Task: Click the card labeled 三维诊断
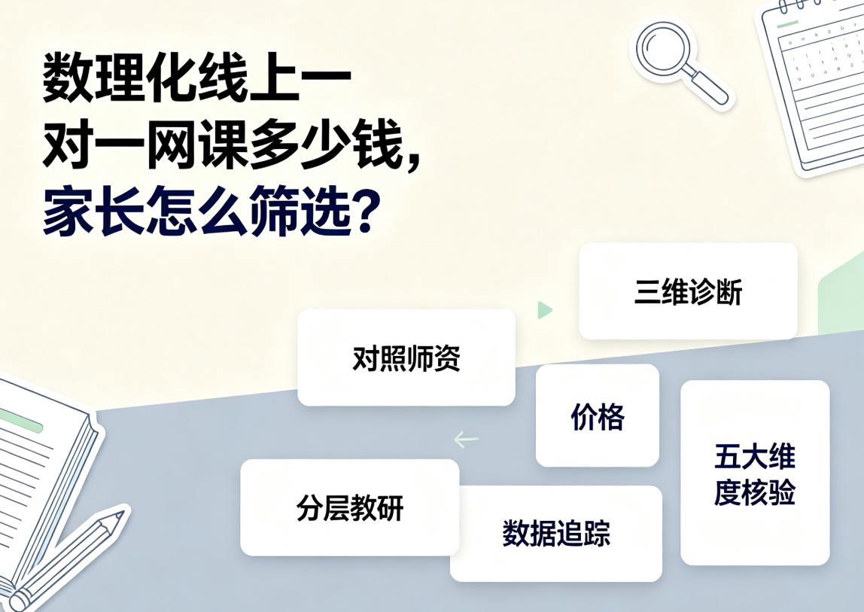688,291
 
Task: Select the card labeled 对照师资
406,358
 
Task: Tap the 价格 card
598,416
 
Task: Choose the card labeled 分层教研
349,508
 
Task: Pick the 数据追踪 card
556,533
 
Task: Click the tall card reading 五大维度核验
755,473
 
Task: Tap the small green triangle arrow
544,310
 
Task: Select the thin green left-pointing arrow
466,440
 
